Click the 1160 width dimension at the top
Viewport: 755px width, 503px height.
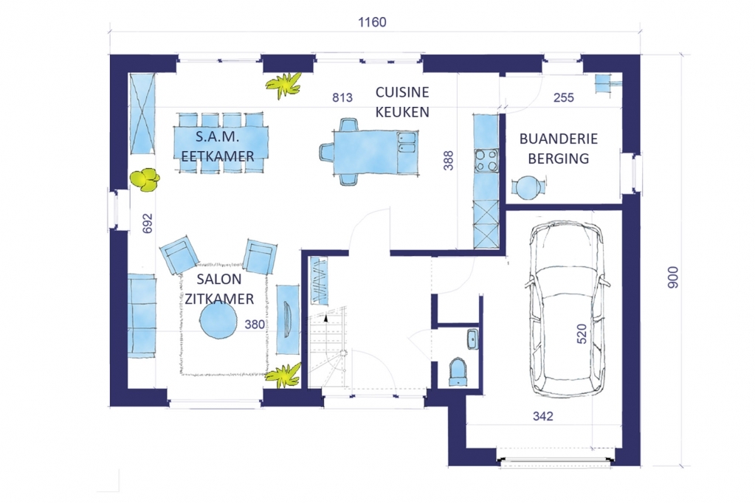click(x=372, y=22)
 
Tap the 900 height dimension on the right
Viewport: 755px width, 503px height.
click(x=673, y=277)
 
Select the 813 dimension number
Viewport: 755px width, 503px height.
click(x=342, y=97)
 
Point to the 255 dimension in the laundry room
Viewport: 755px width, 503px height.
click(x=563, y=97)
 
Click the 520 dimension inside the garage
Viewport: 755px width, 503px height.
click(x=582, y=333)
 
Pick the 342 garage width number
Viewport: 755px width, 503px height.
click(x=542, y=416)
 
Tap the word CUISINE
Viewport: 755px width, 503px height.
click(x=402, y=92)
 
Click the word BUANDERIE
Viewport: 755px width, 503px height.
click(x=559, y=139)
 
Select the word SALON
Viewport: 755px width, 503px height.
click(x=219, y=279)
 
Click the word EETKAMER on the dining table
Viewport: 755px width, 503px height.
click(x=218, y=156)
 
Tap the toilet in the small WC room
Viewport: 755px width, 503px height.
click(x=458, y=372)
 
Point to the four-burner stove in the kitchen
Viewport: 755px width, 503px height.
click(x=486, y=161)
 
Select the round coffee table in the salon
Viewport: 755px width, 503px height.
click(x=218, y=322)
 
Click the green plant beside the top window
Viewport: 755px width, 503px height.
click(x=284, y=84)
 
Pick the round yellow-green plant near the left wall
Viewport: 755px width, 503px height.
click(x=145, y=179)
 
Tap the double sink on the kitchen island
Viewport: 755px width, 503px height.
click(x=407, y=142)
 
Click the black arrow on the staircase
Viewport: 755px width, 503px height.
click(x=326, y=318)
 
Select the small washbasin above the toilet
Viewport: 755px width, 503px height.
click(x=472, y=339)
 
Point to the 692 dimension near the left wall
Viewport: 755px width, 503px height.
click(x=148, y=223)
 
